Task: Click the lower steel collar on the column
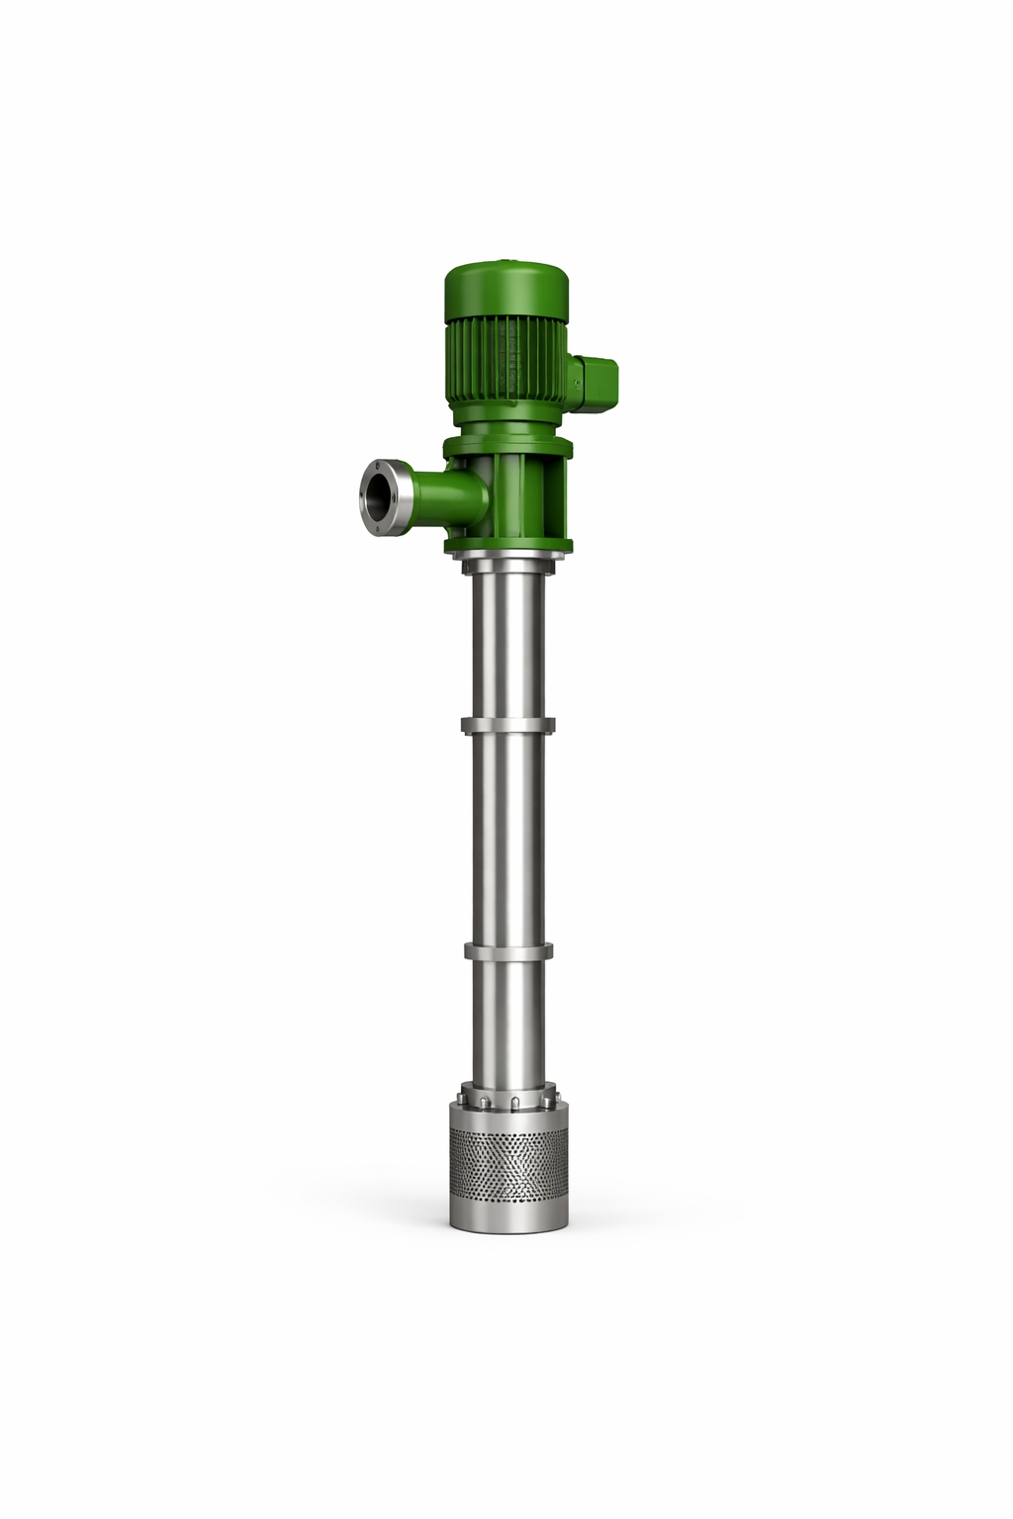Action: pos(506,951)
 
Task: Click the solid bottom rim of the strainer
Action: pos(506,1212)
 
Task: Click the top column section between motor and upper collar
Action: pos(506,643)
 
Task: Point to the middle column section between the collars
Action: pos(506,841)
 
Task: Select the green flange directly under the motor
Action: pos(506,448)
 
